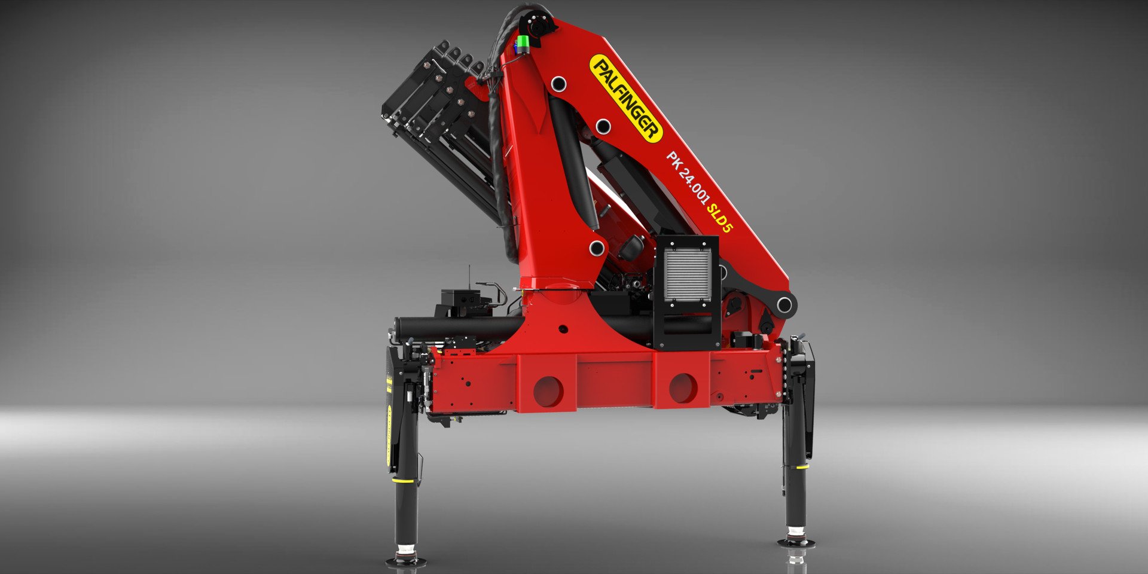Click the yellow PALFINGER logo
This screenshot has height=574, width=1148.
(x=626, y=98)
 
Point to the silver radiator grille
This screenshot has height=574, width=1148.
(x=688, y=275)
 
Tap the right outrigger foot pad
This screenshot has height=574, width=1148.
(x=796, y=541)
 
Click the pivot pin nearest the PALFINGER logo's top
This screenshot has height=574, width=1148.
(x=559, y=84)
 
